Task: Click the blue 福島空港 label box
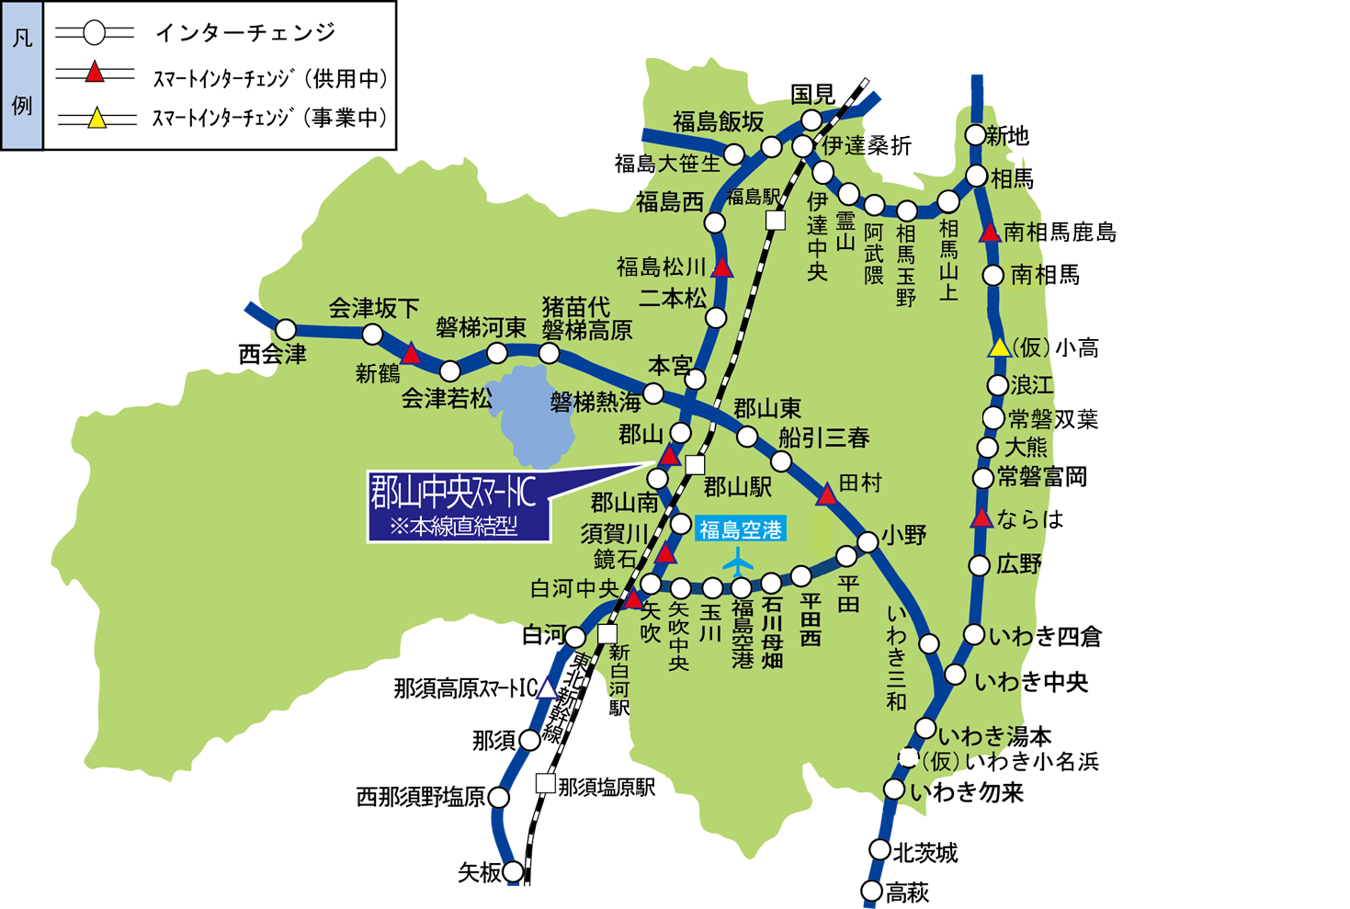740,529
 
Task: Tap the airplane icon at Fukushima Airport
738,559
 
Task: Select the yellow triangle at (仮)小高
999,347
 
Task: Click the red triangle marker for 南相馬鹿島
990,233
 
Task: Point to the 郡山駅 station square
695,465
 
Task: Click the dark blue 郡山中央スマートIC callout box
458,506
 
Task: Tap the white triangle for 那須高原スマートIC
548,687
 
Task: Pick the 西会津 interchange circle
286,329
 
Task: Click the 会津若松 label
447,399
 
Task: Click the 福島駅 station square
776,221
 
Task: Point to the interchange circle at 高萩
871,890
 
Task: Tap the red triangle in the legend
95,73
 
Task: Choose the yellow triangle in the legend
96,118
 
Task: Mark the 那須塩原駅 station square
545,783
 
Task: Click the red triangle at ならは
981,518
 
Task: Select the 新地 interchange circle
976,135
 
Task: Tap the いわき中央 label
1031,682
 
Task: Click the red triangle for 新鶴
411,354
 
